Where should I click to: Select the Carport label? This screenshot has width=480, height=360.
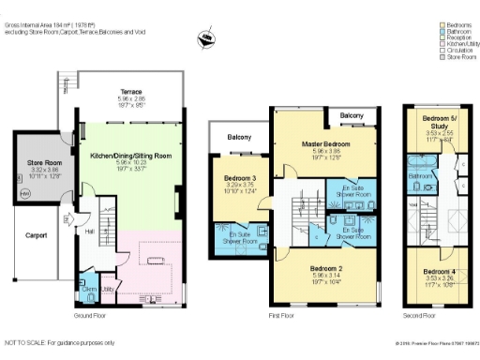coord(36,235)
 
